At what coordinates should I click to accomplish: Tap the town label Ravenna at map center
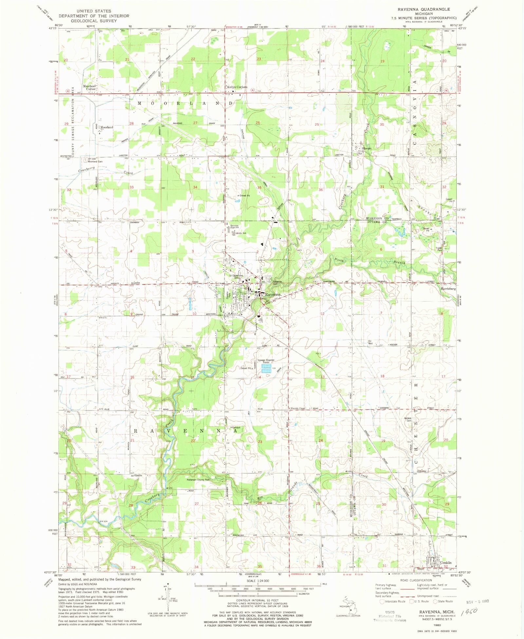273,294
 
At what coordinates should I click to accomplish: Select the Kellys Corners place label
237,87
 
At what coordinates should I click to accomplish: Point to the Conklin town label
446,563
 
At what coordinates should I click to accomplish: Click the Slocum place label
366,148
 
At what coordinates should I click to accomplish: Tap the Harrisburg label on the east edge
448,289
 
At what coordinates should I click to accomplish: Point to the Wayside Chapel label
298,408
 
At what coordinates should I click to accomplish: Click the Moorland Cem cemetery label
95,161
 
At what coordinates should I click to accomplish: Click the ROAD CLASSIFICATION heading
416,580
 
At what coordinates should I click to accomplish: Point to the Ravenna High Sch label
234,226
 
